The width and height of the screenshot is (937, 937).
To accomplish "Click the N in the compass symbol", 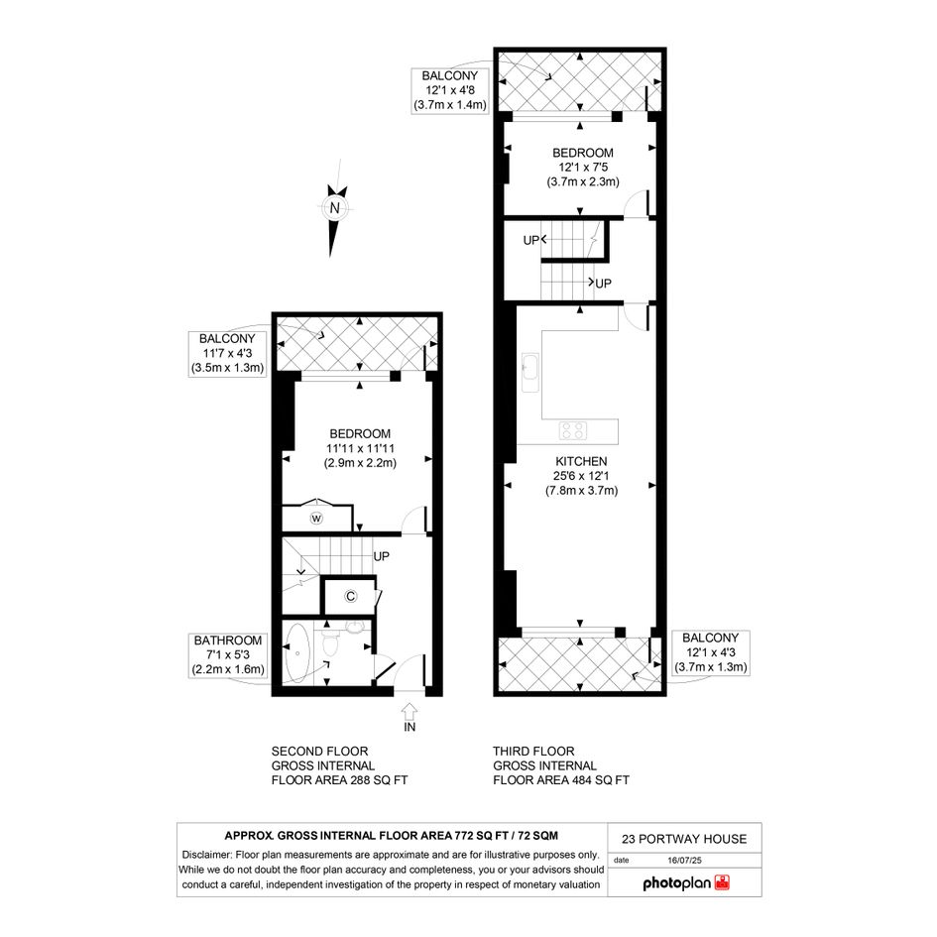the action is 335,208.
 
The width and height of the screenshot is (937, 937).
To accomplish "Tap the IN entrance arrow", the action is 410,711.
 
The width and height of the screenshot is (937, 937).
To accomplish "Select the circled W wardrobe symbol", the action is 316,519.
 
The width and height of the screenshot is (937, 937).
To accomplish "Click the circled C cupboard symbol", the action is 351,596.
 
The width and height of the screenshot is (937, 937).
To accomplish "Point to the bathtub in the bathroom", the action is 297,653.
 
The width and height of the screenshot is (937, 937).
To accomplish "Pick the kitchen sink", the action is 530,372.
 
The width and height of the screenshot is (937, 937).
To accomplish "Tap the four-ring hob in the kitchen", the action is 573,431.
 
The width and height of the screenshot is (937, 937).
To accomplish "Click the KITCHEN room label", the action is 581,461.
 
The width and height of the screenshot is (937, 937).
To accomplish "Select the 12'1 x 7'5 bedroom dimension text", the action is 583,168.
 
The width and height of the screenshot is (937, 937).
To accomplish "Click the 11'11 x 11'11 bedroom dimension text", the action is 360,448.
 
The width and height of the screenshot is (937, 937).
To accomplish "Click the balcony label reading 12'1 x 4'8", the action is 450,91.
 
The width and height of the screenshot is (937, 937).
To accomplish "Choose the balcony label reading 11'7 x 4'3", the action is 227,353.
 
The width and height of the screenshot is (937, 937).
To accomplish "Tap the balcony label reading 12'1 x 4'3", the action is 711,652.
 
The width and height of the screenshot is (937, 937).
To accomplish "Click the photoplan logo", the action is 686,883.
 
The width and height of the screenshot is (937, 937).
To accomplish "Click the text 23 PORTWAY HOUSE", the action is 684,839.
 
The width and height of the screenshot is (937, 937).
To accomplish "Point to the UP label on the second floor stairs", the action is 382,556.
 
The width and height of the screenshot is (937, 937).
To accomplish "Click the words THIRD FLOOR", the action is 533,752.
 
